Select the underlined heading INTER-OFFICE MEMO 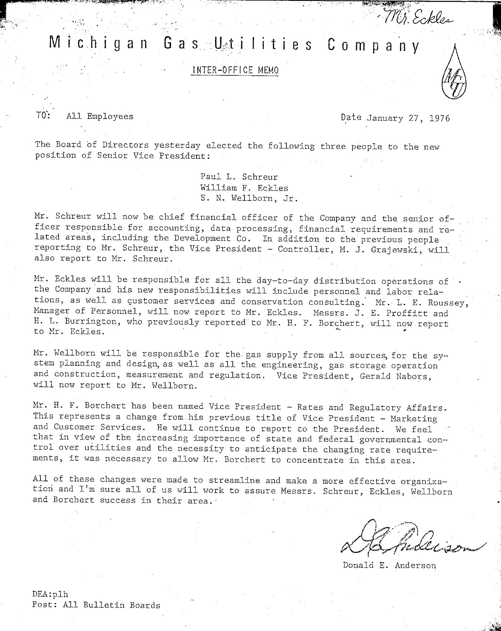click(x=235, y=70)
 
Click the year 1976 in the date click(x=440, y=118)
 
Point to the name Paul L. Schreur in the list click(x=239, y=177)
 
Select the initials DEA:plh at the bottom click(x=50, y=594)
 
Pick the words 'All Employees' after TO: click(x=100, y=116)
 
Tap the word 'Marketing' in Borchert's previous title click(x=413, y=418)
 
